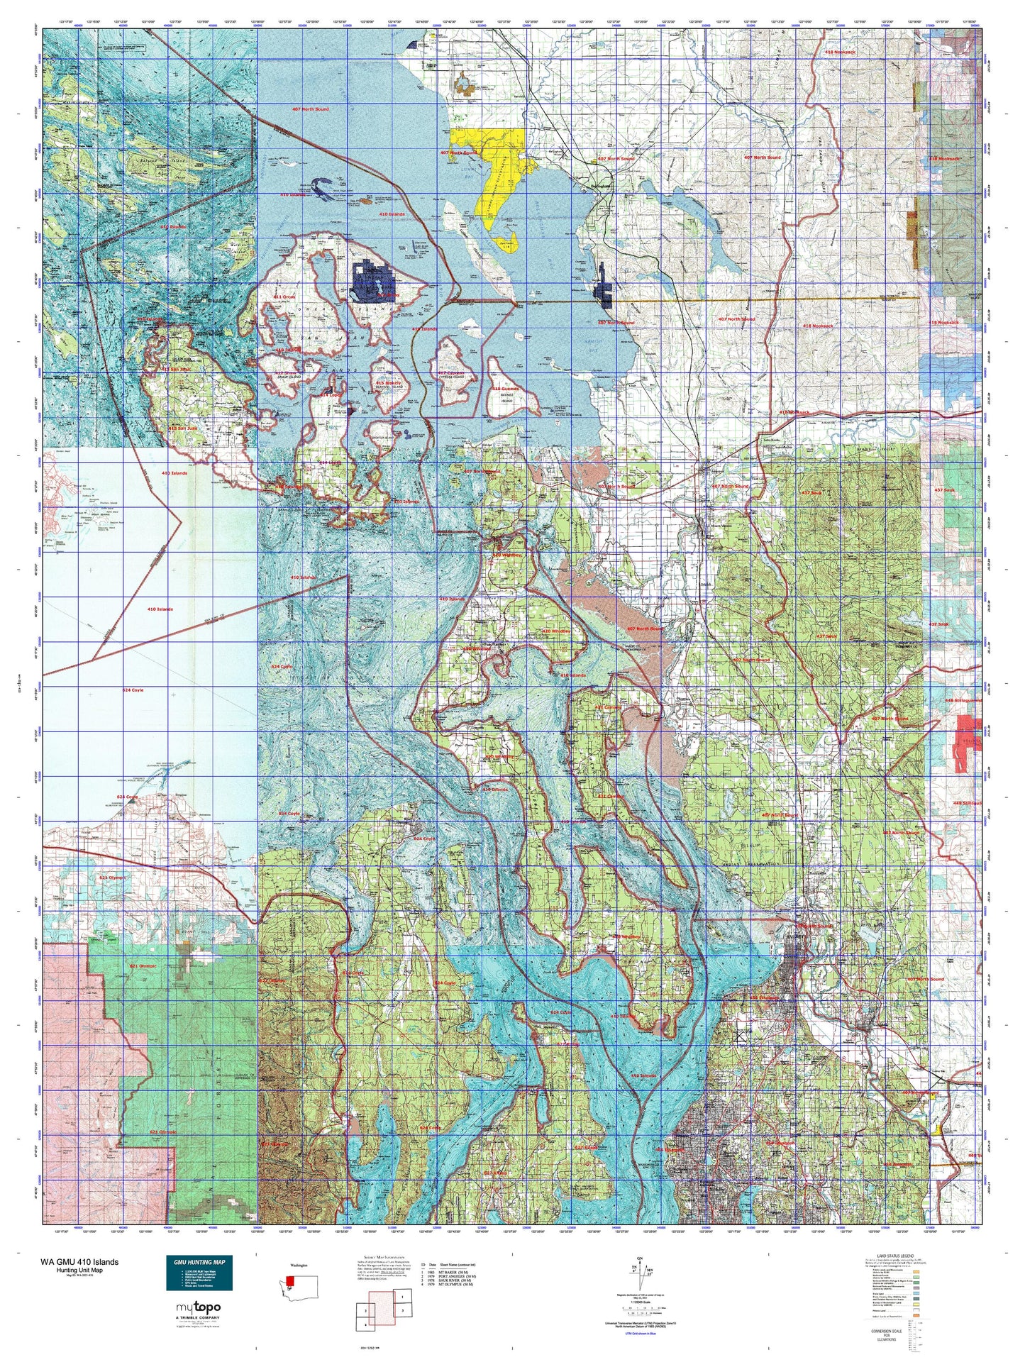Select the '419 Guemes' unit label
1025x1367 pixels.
click(506, 389)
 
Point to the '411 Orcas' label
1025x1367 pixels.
click(284, 297)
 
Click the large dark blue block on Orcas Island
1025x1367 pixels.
click(374, 282)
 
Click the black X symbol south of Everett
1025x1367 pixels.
click(740, 1037)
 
